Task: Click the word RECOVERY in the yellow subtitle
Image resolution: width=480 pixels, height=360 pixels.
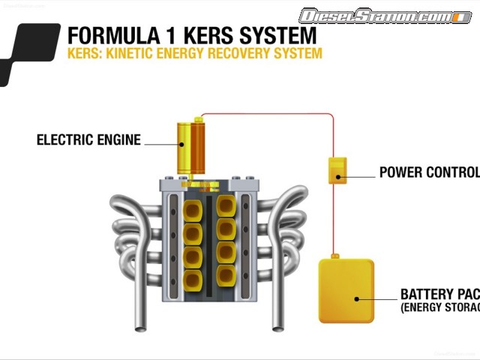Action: (x=235, y=54)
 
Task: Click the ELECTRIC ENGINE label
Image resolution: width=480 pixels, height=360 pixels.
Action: (x=88, y=139)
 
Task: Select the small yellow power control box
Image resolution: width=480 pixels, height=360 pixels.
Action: (x=337, y=170)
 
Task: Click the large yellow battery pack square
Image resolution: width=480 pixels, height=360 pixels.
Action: (x=346, y=291)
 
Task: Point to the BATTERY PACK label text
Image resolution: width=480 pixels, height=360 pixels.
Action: (x=439, y=294)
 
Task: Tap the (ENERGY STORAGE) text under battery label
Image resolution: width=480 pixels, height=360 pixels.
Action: (x=439, y=307)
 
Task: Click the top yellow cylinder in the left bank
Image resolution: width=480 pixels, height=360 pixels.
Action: (x=193, y=208)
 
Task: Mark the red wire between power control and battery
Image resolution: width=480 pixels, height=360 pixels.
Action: (x=335, y=221)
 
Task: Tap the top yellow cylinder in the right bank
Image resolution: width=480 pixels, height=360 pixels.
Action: (x=226, y=205)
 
